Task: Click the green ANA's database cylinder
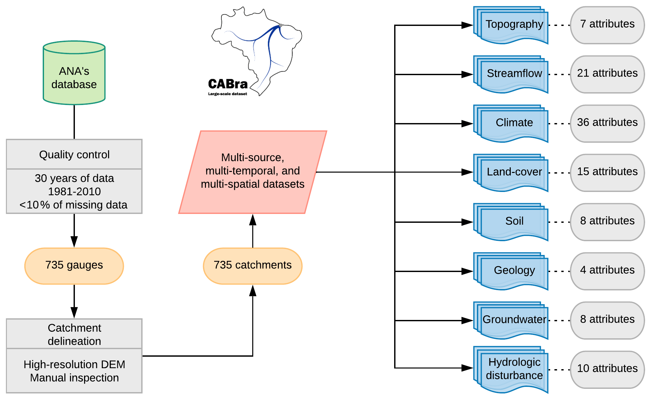click(74, 74)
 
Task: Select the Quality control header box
click(74, 154)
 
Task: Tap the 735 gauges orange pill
click(74, 265)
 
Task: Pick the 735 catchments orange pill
click(253, 265)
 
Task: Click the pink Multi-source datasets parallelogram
click(253, 172)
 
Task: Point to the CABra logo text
click(228, 84)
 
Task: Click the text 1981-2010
click(74, 192)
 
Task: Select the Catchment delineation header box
click(74, 334)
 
